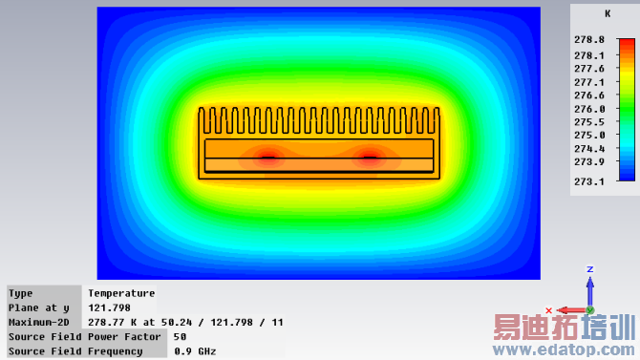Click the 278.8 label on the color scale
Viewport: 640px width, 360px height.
click(589, 40)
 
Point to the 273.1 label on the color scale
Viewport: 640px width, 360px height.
click(589, 181)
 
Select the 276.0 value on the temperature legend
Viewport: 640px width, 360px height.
click(589, 109)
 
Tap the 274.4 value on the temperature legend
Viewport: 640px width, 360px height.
click(589, 149)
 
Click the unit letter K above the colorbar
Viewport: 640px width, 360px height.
click(608, 14)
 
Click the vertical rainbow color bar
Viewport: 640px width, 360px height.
click(627, 110)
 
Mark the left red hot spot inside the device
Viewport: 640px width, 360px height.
click(267, 158)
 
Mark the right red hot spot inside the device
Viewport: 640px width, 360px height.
click(370, 158)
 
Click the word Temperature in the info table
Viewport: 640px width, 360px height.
click(121, 293)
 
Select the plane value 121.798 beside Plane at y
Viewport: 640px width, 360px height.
click(110, 307)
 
